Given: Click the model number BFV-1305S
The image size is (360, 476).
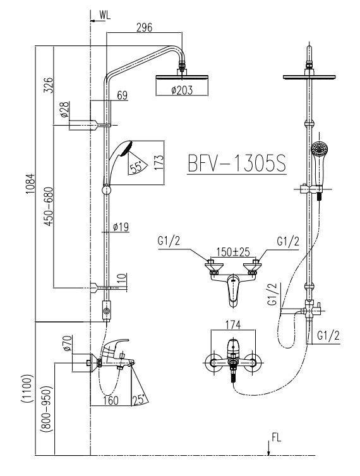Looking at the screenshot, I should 236,164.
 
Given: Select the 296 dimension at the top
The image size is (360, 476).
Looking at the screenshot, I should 145,27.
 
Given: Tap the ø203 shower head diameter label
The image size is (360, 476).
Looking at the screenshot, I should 182,90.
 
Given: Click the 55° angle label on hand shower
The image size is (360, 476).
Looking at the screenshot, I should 136,167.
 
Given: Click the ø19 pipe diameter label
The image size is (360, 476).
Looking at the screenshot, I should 121,227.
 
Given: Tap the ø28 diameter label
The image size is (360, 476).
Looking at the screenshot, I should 64,111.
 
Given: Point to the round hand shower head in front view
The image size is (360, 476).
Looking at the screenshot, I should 319,150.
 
